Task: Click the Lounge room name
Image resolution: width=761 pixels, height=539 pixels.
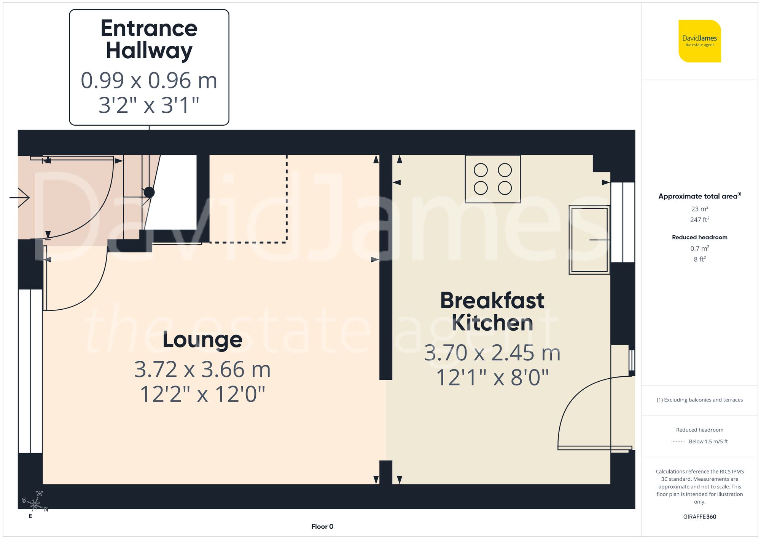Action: [x=202, y=340]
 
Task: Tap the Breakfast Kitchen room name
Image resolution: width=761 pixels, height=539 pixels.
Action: [x=492, y=311]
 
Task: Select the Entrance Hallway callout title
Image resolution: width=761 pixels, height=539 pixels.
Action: [x=149, y=39]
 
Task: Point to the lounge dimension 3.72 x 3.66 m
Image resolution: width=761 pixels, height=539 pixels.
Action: [x=202, y=369]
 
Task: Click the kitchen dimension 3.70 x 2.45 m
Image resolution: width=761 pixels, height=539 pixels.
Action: [x=492, y=353]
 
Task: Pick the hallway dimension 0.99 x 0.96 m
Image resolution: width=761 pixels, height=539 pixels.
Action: [x=149, y=81]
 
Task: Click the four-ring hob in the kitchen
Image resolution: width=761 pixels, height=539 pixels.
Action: [x=493, y=179]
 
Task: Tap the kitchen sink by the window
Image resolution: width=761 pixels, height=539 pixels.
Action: [x=589, y=240]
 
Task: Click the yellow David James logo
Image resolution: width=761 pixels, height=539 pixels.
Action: [x=700, y=41]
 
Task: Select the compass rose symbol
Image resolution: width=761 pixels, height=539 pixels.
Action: [x=35, y=505]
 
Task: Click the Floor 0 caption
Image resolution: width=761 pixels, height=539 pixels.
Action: [x=322, y=526]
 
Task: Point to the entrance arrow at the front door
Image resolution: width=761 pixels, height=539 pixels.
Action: [x=20, y=197]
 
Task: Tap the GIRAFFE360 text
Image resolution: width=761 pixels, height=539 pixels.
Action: [x=699, y=517]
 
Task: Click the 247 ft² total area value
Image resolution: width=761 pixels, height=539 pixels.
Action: [x=699, y=220]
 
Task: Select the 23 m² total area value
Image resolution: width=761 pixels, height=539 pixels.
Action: [x=699, y=209]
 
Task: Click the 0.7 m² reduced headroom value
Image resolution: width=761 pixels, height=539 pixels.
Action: [x=699, y=248]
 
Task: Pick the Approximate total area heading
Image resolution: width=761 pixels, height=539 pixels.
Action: [x=699, y=196]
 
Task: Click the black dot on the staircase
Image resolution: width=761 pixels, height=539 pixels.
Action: [x=149, y=192]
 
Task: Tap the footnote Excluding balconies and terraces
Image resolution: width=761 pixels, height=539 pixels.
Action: [x=699, y=400]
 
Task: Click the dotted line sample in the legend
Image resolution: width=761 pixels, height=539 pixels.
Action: [x=678, y=442]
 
